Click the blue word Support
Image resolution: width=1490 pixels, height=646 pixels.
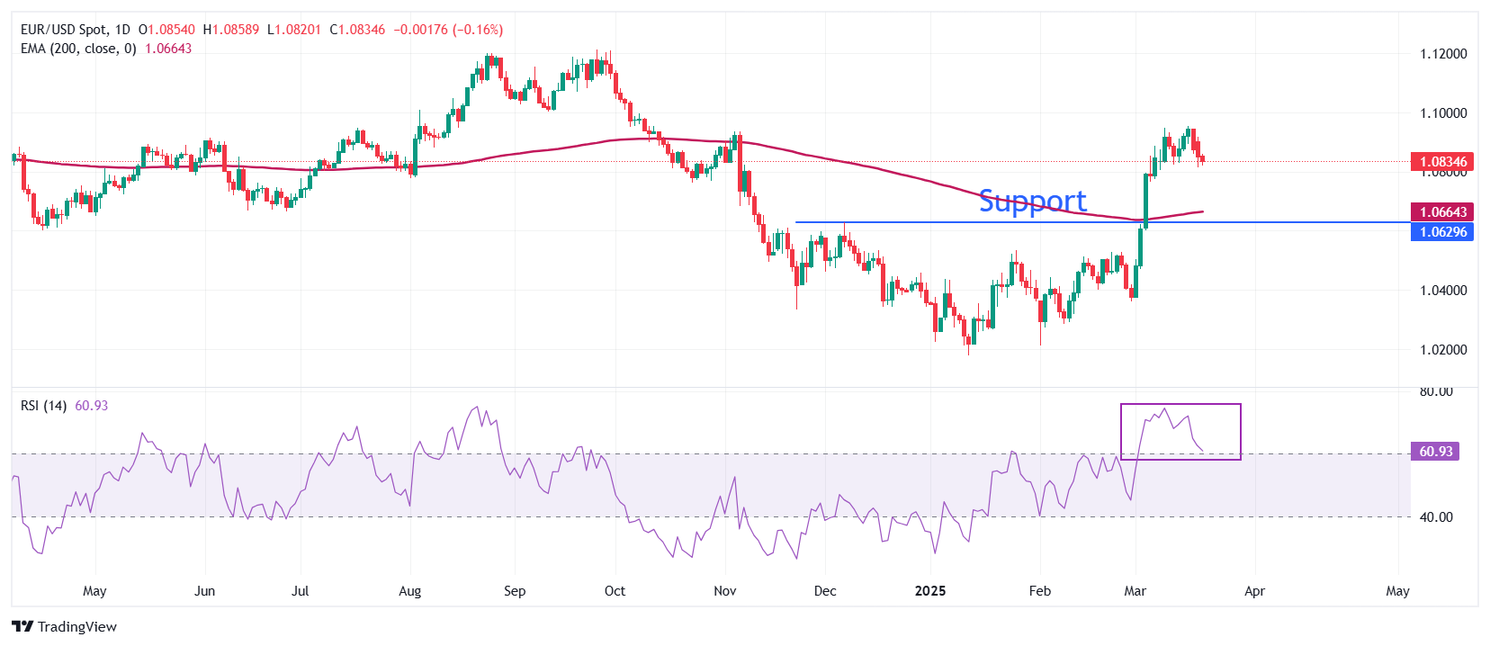(x=1032, y=201)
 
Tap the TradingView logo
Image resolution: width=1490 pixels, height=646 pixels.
(x=65, y=626)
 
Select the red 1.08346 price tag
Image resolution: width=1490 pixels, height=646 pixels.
(x=1442, y=162)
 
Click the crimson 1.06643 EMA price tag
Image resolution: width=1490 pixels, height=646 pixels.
(x=1442, y=212)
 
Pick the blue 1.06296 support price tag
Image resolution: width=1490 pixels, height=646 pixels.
(x=1442, y=232)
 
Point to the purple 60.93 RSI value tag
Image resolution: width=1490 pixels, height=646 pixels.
(x=1435, y=452)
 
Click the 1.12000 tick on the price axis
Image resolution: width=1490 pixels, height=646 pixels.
(x=1443, y=54)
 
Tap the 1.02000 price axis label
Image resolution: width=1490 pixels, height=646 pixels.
(x=1443, y=350)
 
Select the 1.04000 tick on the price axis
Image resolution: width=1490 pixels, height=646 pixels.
(x=1443, y=291)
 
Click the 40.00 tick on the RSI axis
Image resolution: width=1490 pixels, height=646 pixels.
(x=1436, y=517)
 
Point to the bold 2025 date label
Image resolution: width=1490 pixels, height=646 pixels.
(x=930, y=591)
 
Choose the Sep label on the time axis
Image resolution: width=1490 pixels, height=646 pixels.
(x=515, y=591)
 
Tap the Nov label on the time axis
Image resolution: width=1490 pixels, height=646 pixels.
(x=724, y=591)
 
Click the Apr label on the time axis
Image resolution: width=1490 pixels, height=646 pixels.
(x=1254, y=591)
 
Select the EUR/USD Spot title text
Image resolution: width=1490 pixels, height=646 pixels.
(x=66, y=30)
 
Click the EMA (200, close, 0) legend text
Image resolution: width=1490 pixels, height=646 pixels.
(x=78, y=49)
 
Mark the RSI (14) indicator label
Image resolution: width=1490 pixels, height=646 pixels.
(x=43, y=406)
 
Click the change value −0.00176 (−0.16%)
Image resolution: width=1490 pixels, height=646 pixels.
(x=448, y=30)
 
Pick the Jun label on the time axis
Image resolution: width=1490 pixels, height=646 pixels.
(x=204, y=591)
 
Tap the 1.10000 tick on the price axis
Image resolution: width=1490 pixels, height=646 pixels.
(x=1443, y=113)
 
